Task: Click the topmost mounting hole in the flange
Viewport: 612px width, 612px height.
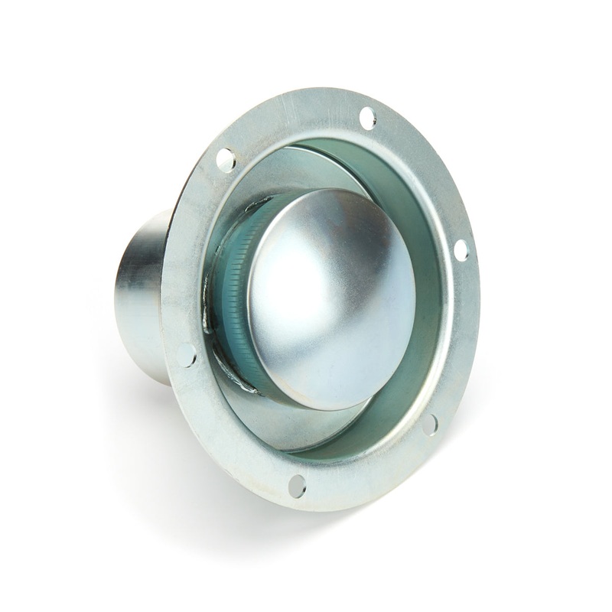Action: (367, 117)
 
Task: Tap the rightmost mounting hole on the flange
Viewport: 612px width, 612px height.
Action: (461, 250)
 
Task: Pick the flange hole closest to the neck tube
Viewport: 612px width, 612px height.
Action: (186, 355)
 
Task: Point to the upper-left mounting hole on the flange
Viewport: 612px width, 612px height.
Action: (226, 160)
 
